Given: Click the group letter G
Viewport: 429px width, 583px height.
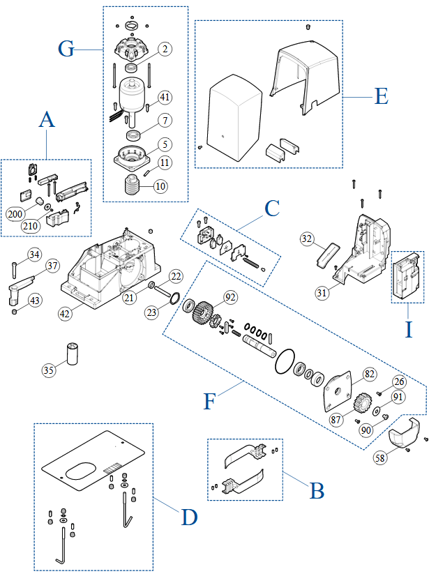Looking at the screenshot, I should click(66, 50).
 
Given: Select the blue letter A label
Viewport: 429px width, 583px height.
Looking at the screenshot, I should click(47, 119).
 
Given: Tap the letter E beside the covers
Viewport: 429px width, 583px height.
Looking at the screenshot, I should click(381, 96).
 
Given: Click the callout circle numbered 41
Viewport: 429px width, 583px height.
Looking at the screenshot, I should click(165, 96).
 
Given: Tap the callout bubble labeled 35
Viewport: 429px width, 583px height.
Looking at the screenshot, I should click(48, 370).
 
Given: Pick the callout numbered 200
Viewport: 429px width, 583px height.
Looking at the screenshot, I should click(15, 213).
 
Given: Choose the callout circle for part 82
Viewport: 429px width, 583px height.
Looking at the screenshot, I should click(369, 374).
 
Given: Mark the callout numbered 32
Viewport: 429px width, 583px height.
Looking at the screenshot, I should click(306, 238).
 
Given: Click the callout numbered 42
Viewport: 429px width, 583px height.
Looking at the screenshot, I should click(66, 313).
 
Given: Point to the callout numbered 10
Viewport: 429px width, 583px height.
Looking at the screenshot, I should click(161, 186).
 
